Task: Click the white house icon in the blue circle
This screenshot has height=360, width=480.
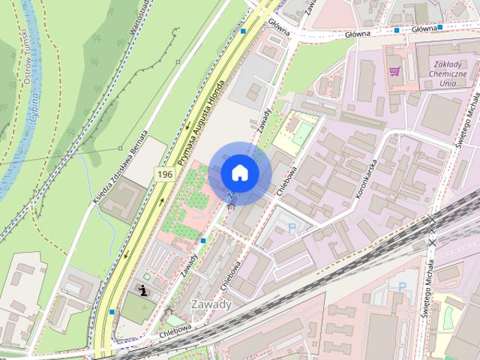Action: point(239,172)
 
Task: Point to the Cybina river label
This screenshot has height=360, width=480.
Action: point(35,107)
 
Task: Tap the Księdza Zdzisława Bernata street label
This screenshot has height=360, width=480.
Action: point(120,172)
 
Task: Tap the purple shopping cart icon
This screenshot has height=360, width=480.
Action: point(394,72)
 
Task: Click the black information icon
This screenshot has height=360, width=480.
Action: point(143,289)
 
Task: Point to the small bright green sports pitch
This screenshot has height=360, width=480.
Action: point(301,134)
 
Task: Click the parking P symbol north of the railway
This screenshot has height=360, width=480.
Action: point(292,227)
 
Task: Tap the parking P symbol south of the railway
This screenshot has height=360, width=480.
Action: point(402,286)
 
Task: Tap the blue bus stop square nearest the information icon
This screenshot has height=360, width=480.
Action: point(112,311)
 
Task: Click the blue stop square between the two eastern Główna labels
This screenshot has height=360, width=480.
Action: point(396,31)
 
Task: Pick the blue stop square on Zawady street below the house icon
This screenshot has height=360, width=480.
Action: point(203,241)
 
